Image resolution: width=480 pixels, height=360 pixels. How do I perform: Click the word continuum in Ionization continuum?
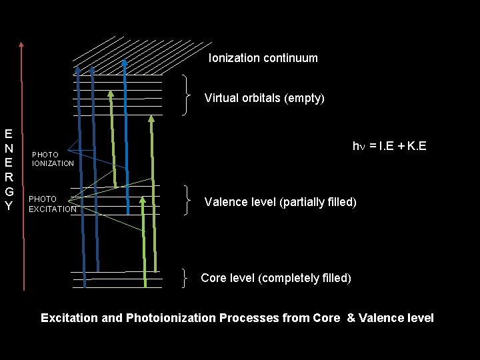(x=290, y=58)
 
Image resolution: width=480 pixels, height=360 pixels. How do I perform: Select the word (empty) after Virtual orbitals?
(x=304, y=98)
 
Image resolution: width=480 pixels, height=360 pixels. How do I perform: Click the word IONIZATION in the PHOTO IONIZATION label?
(x=53, y=163)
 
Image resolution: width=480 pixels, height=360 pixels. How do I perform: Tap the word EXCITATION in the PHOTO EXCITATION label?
(x=53, y=209)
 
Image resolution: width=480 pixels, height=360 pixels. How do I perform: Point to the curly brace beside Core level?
(x=187, y=277)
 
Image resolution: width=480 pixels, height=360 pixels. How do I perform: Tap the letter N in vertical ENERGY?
(x=9, y=147)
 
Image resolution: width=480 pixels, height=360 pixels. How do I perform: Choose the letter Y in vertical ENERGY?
(x=9, y=206)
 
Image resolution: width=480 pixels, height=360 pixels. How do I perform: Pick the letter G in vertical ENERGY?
(x=9, y=191)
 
